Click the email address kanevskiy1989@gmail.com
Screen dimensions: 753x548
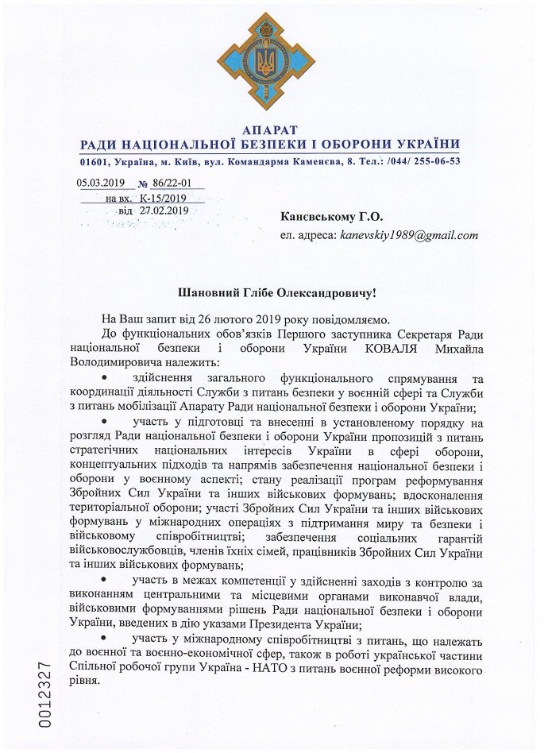(x=408, y=236)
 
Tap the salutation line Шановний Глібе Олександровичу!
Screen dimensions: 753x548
(x=273, y=294)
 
